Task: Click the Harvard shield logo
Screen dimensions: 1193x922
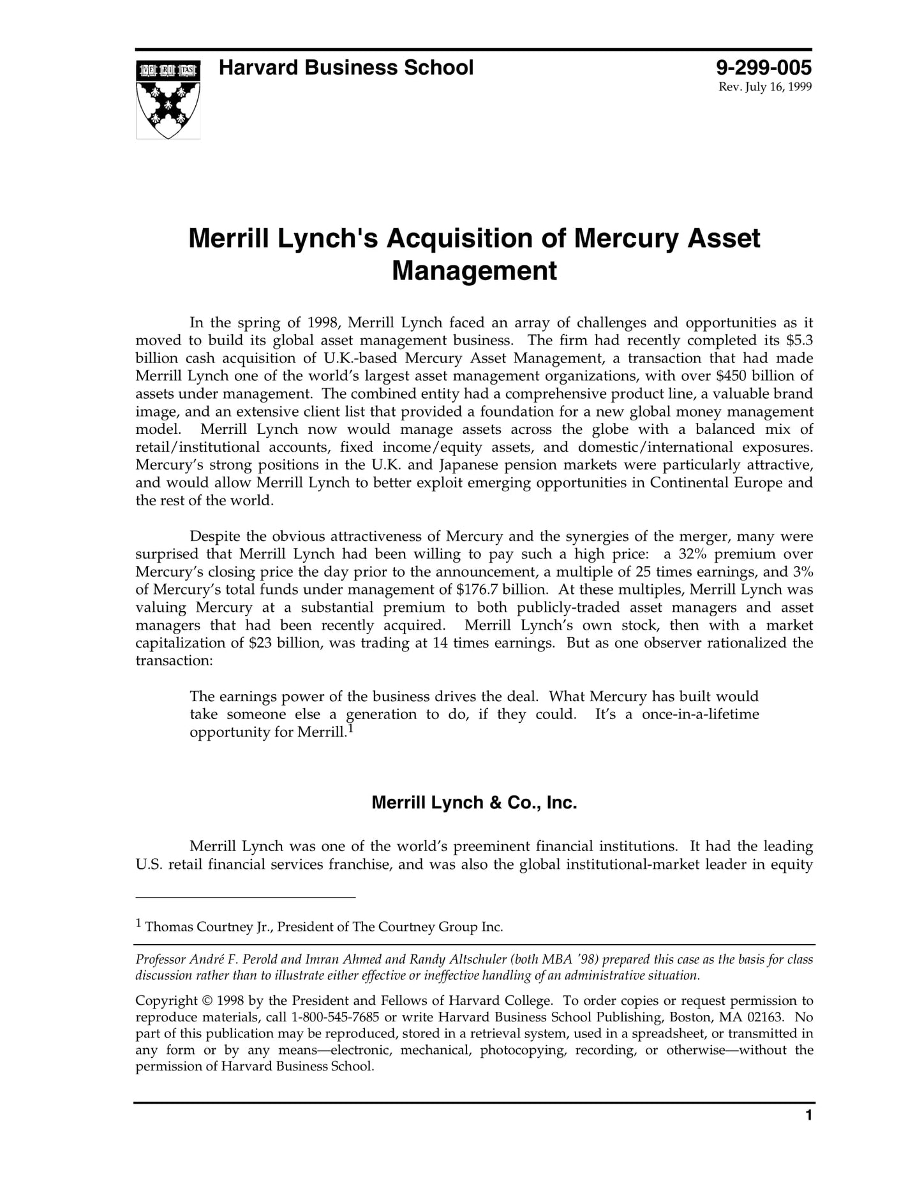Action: click(x=168, y=99)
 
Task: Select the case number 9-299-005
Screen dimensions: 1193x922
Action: click(x=763, y=68)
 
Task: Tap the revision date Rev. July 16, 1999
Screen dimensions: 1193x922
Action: click(x=765, y=87)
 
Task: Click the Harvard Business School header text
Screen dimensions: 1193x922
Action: click(x=346, y=68)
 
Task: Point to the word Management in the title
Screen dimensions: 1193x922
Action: click(x=474, y=270)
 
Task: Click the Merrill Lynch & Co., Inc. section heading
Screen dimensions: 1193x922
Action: click(x=474, y=803)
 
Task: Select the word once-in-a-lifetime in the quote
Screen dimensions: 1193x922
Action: click(x=700, y=715)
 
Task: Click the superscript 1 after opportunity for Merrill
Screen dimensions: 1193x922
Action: click(x=350, y=727)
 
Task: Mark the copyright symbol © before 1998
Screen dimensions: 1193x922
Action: click(x=207, y=1000)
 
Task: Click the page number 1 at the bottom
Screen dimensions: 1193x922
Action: click(x=808, y=1116)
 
